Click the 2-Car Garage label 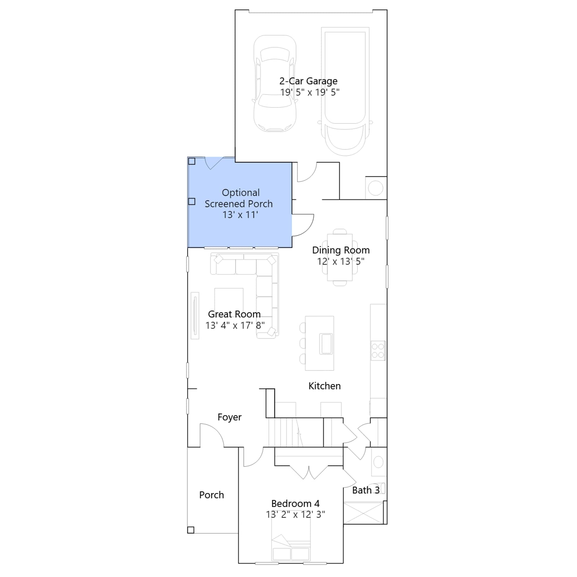tap(308, 82)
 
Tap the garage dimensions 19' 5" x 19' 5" tap(310, 92)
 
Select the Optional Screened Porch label tap(239, 198)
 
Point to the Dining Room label tap(341, 250)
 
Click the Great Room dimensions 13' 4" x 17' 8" tap(235, 326)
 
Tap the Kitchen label tap(325, 386)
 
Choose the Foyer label tap(229, 417)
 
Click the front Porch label tap(212, 495)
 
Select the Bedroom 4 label tap(295, 503)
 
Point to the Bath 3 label tap(366, 490)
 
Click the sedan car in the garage tap(275, 83)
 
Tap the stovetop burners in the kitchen tap(378, 351)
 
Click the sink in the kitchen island tap(326, 344)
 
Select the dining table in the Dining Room tap(340, 257)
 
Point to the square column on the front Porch tap(191, 530)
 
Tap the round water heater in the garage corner tap(375, 188)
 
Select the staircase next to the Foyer tap(296, 432)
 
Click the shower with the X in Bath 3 tap(363, 512)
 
